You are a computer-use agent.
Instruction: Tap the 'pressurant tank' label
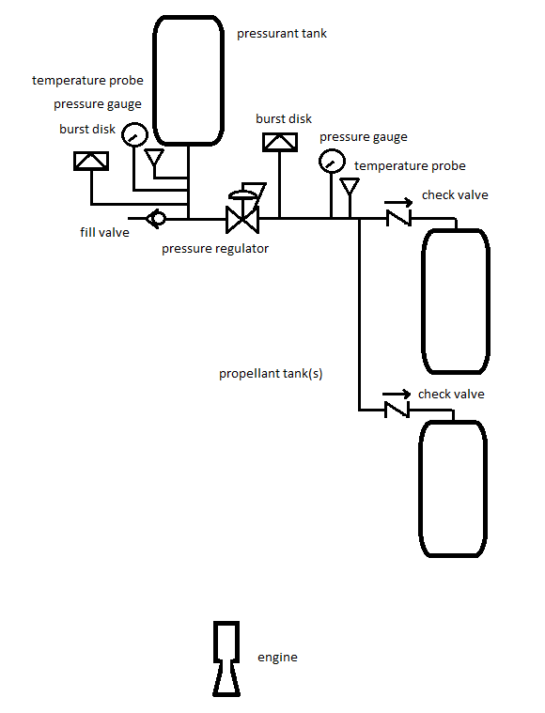tap(282, 34)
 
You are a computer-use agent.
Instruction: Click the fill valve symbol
tap(156, 219)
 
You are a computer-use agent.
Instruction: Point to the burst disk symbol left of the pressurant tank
tap(91, 161)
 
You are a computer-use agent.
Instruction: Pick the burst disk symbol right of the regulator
tap(280, 142)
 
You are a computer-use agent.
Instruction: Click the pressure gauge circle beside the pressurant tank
tap(134, 134)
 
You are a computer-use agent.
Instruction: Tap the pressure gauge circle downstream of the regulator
tap(332, 161)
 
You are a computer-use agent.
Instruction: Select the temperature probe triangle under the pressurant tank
tap(154, 157)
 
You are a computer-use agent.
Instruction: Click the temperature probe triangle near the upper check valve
tap(350, 186)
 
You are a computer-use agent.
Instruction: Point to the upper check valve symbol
tap(398, 218)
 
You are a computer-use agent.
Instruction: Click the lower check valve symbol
tap(397, 410)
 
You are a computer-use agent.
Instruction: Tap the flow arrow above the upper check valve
tap(398, 202)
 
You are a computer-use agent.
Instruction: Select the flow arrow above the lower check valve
tap(397, 394)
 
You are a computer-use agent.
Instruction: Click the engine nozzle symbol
tap(226, 659)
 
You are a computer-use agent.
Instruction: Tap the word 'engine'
tap(277, 658)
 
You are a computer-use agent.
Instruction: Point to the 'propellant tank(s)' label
tap(271, 374)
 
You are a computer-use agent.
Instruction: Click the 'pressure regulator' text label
tap(215, 249)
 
